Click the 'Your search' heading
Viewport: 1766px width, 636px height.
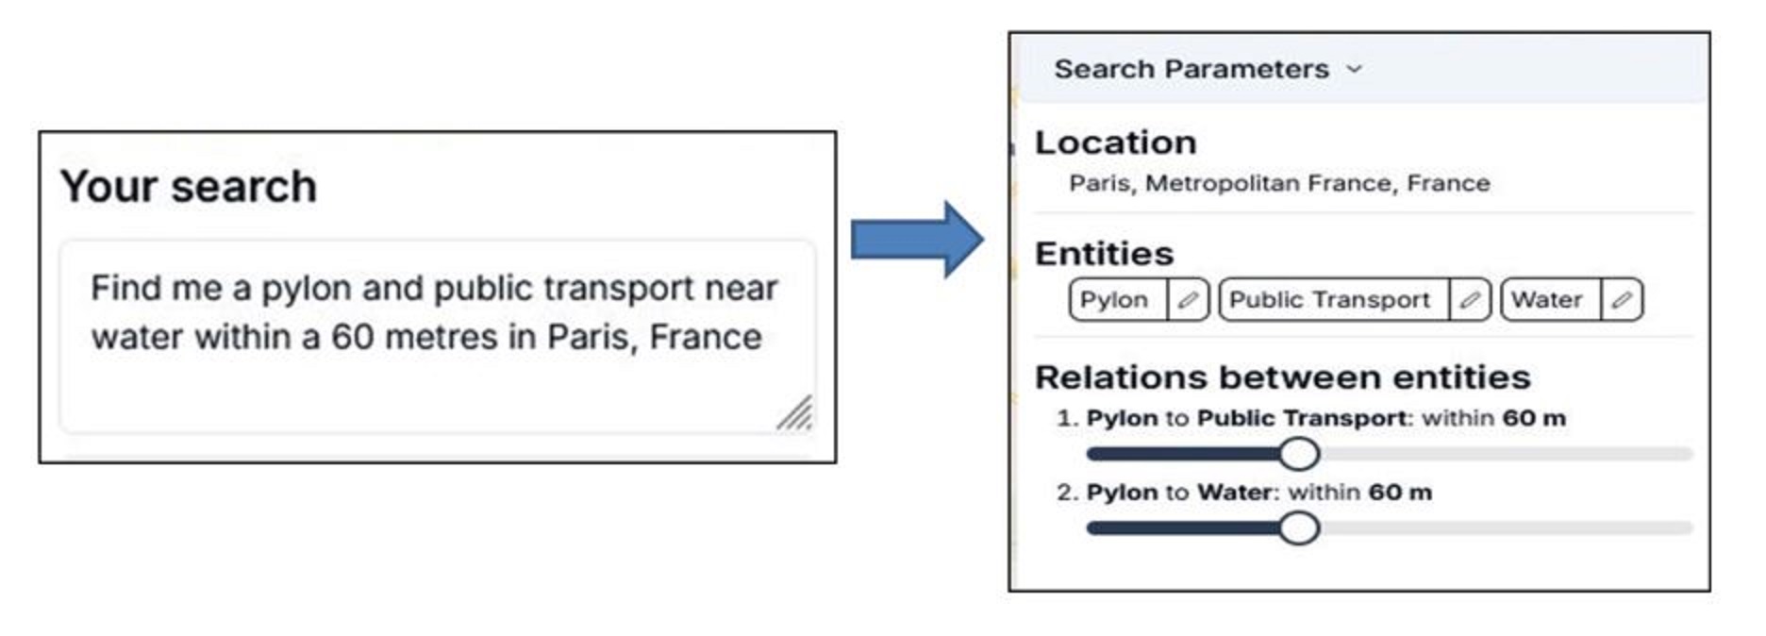click(189, 187)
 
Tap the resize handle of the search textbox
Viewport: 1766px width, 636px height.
click(795, 413)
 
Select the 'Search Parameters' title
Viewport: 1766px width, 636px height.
click(1191, 69)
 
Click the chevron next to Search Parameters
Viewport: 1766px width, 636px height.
click(1355, 69)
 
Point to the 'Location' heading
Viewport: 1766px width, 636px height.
click(1115, 142)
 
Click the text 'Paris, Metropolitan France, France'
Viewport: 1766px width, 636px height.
click(1278, 183)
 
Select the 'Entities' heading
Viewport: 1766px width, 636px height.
click(1104, 254)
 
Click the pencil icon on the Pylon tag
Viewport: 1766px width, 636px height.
click(1188, 300)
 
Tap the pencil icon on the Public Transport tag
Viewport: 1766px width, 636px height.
click(1469, 300)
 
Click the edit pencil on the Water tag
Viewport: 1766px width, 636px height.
click(1622, 300)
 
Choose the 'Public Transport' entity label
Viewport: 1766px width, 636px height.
click(1329, 300)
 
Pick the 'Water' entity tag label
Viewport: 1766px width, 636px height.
click(1546, 300)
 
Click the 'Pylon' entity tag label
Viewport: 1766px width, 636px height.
click(1114, 300)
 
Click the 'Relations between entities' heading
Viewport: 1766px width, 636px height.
click(1282, 377)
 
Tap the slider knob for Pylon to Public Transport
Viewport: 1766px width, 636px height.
click(1299, 454)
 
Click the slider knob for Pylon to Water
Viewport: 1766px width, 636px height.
click(1299, 527)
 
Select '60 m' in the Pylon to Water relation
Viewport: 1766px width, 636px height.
click(1400, 492)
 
